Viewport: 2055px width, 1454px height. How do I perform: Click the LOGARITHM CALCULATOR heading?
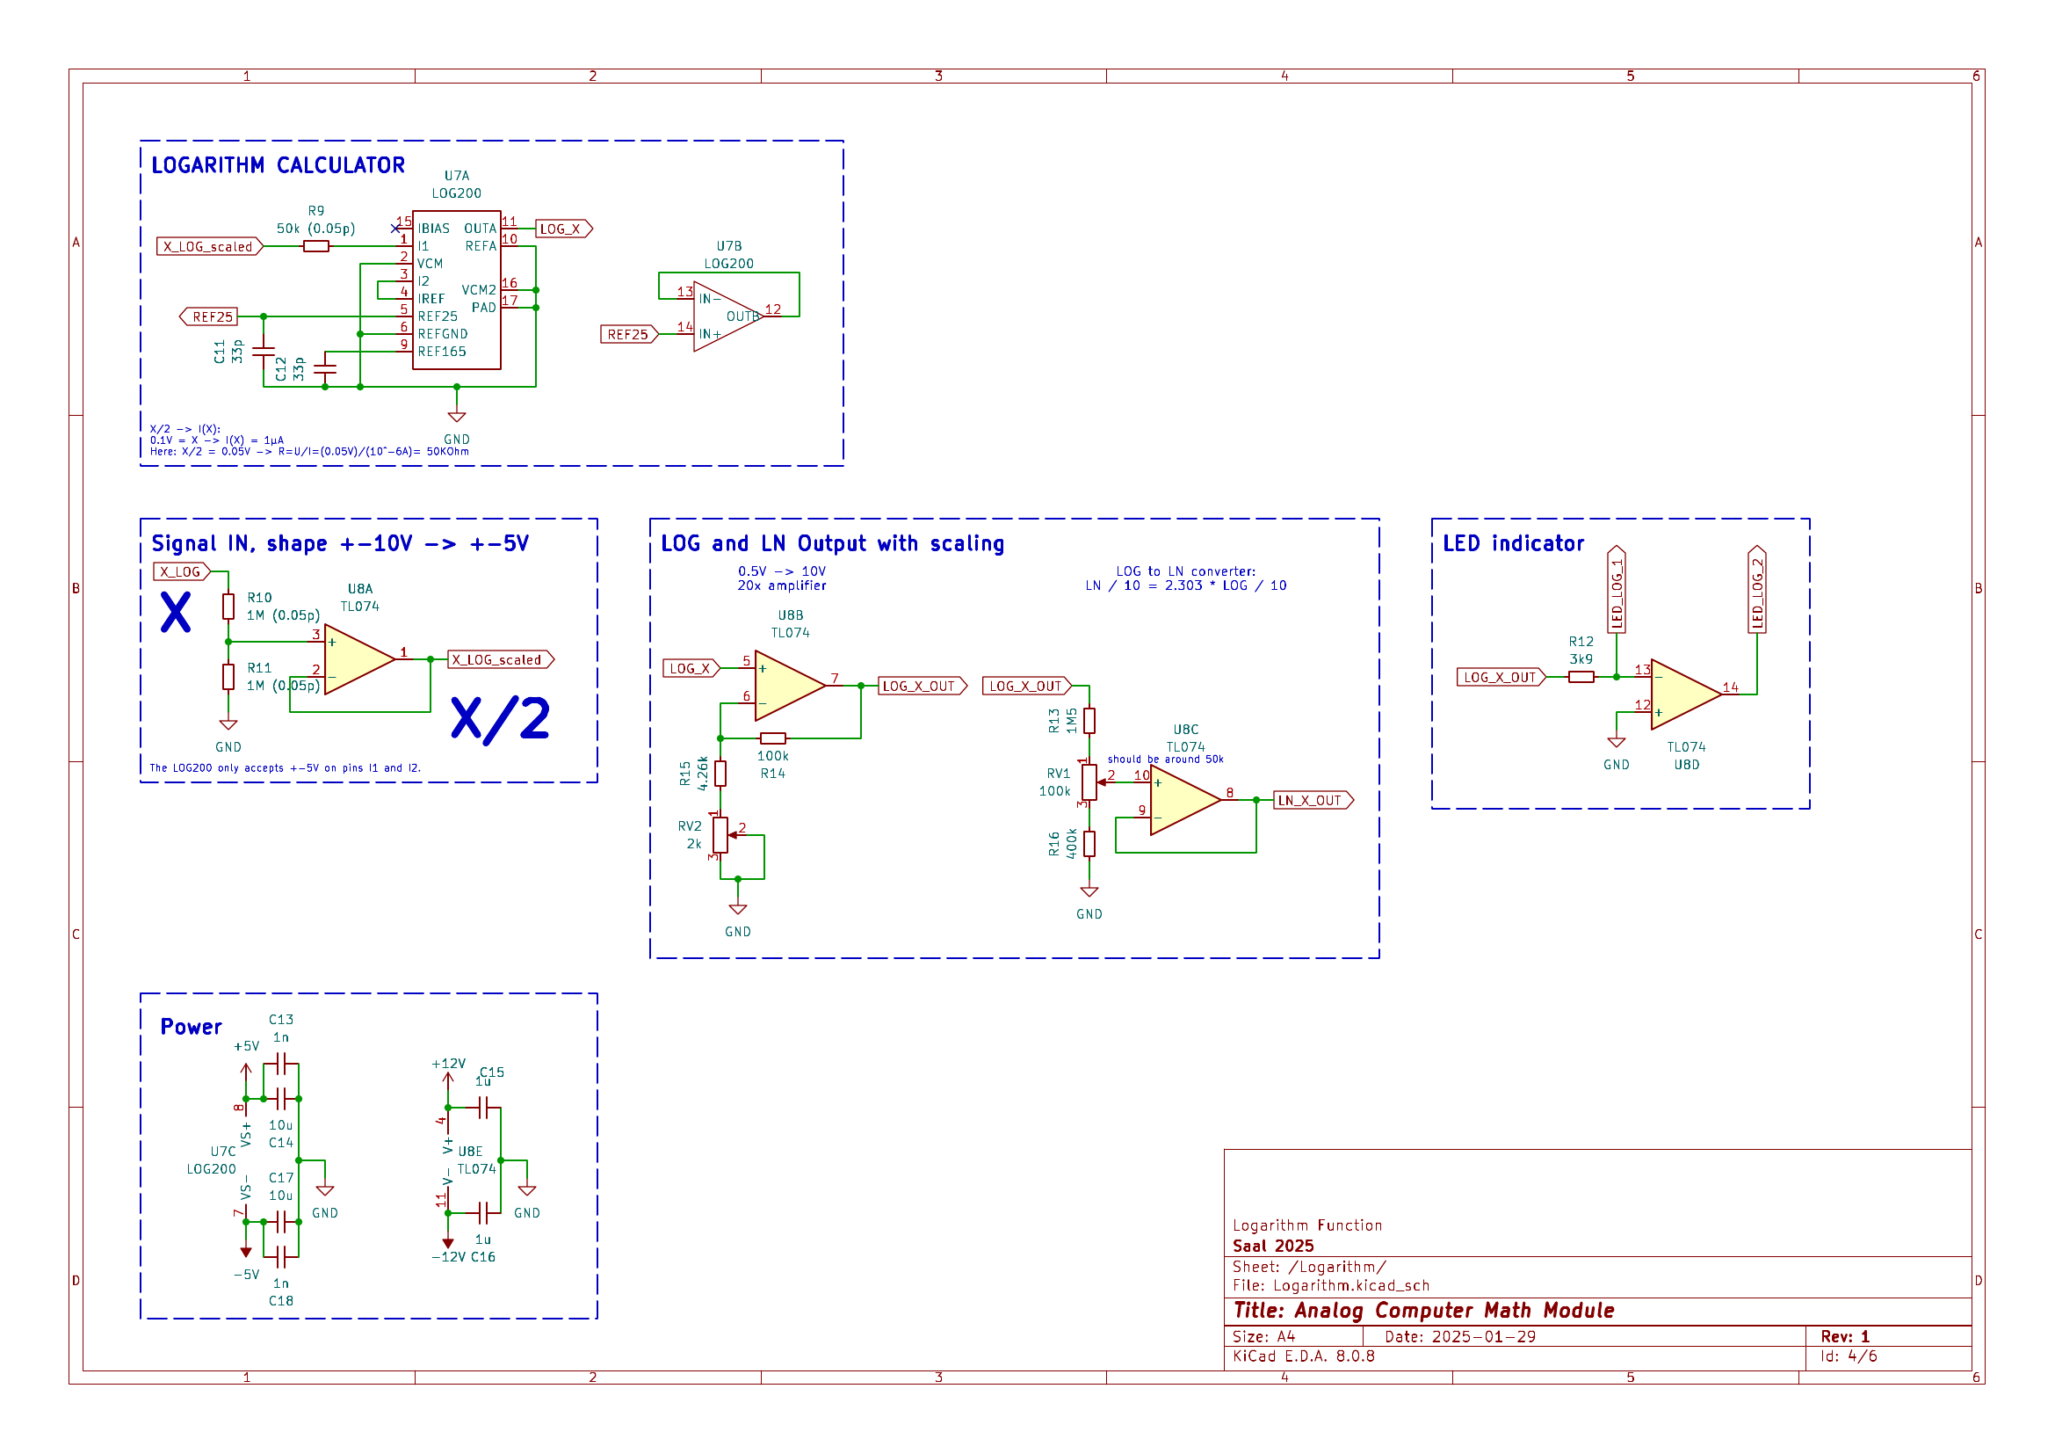tap(278, 165)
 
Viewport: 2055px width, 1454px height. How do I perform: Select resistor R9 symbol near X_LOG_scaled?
tap(316, 246)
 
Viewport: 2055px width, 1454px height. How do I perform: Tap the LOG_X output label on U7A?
tap(562, 229)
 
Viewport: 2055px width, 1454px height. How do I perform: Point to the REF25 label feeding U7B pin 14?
tap(627, 335)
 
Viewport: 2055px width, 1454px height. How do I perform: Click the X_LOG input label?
tap(181, 572)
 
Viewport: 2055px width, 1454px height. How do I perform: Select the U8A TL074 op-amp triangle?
tap(358, 660)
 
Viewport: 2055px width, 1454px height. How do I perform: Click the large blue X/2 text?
tap(500, 719)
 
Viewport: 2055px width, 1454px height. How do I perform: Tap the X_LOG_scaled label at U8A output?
tap(498, 660)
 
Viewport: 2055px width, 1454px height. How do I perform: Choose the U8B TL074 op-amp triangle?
tap(788, 687)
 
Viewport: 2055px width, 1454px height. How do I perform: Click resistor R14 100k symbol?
tap(773, 738)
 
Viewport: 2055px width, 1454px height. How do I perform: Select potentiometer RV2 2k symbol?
tap(720, 836)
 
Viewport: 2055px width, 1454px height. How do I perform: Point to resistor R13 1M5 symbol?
tap(1089, 721)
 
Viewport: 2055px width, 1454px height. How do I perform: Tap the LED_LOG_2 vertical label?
tap(1757, 591)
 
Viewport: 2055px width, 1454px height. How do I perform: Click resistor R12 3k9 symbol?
tap(1581, 678)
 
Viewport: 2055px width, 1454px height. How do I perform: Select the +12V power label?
tap(448, 1064)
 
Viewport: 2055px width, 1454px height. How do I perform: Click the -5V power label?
tap(246, 1275)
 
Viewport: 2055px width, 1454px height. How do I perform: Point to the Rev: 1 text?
tap(1845, 1337)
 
